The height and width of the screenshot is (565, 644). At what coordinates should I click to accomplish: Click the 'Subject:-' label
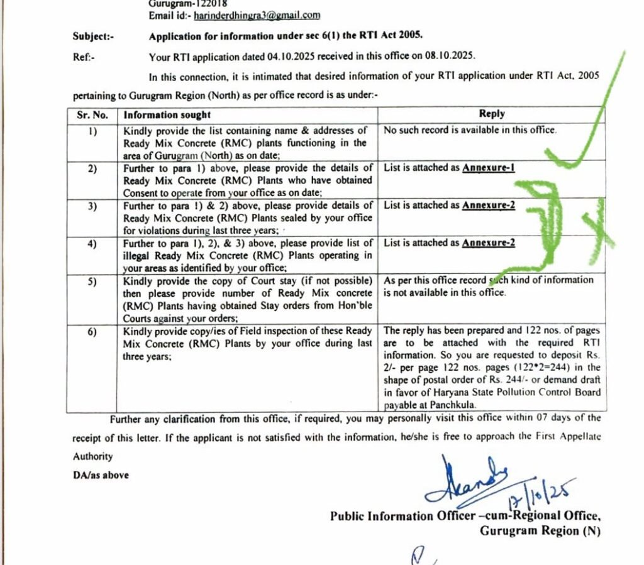[x=93, y=36]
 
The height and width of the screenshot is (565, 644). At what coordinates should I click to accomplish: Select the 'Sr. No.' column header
[x=92, y=115]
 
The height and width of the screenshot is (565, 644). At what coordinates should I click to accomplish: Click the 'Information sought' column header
[x=167, y=115]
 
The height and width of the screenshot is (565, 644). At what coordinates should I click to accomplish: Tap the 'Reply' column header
[x=491, y=114]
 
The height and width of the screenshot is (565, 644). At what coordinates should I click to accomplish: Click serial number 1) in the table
[x=92, y=131]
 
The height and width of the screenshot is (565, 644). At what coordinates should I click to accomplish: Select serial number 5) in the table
[x=92, y=280]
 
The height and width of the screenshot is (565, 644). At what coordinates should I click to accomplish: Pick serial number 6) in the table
[x=92, y=331]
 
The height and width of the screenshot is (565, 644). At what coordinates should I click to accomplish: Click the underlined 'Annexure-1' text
[x=489, y=168]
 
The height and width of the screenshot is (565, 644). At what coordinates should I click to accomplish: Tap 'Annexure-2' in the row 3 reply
[x=489, y=206]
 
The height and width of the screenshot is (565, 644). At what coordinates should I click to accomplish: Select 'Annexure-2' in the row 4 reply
[x=489, y=243]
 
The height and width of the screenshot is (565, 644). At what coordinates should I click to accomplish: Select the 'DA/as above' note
[x=101, y=476]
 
